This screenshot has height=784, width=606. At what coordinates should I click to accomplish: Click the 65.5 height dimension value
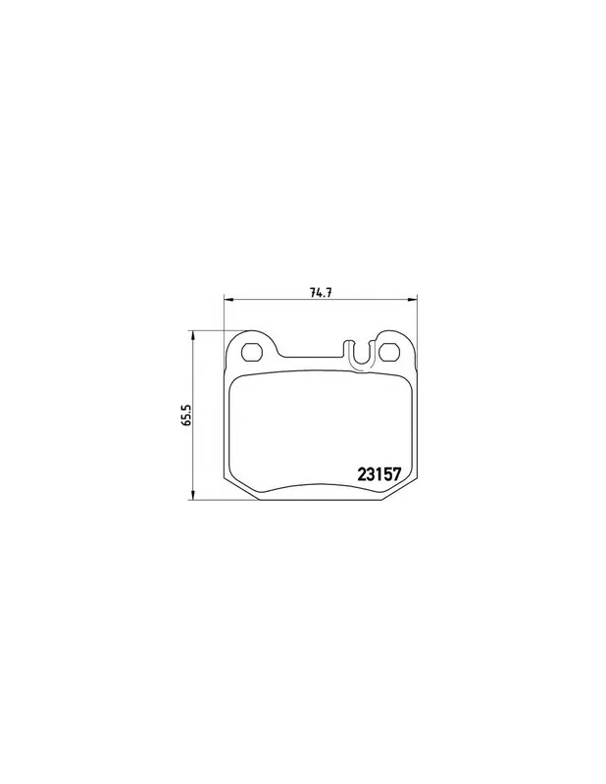click(x=187, y=415)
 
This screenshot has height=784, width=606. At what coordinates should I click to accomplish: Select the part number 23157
click(x=379, y=473)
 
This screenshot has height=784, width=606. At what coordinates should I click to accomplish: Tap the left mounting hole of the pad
click(x=251, y=352)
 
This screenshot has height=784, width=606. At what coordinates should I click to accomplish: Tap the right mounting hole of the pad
click(x=389, y=352)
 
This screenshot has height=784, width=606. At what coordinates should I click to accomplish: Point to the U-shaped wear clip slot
click(x=359, y=355)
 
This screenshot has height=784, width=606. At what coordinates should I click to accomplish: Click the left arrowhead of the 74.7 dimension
click(x=227, y=300)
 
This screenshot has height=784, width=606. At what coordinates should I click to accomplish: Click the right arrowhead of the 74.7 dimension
click(x=411, y=300)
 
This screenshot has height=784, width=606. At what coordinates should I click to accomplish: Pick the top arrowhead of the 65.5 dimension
click(x=192, y=335)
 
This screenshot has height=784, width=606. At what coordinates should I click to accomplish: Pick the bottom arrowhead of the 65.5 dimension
click(x=192, y=495)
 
